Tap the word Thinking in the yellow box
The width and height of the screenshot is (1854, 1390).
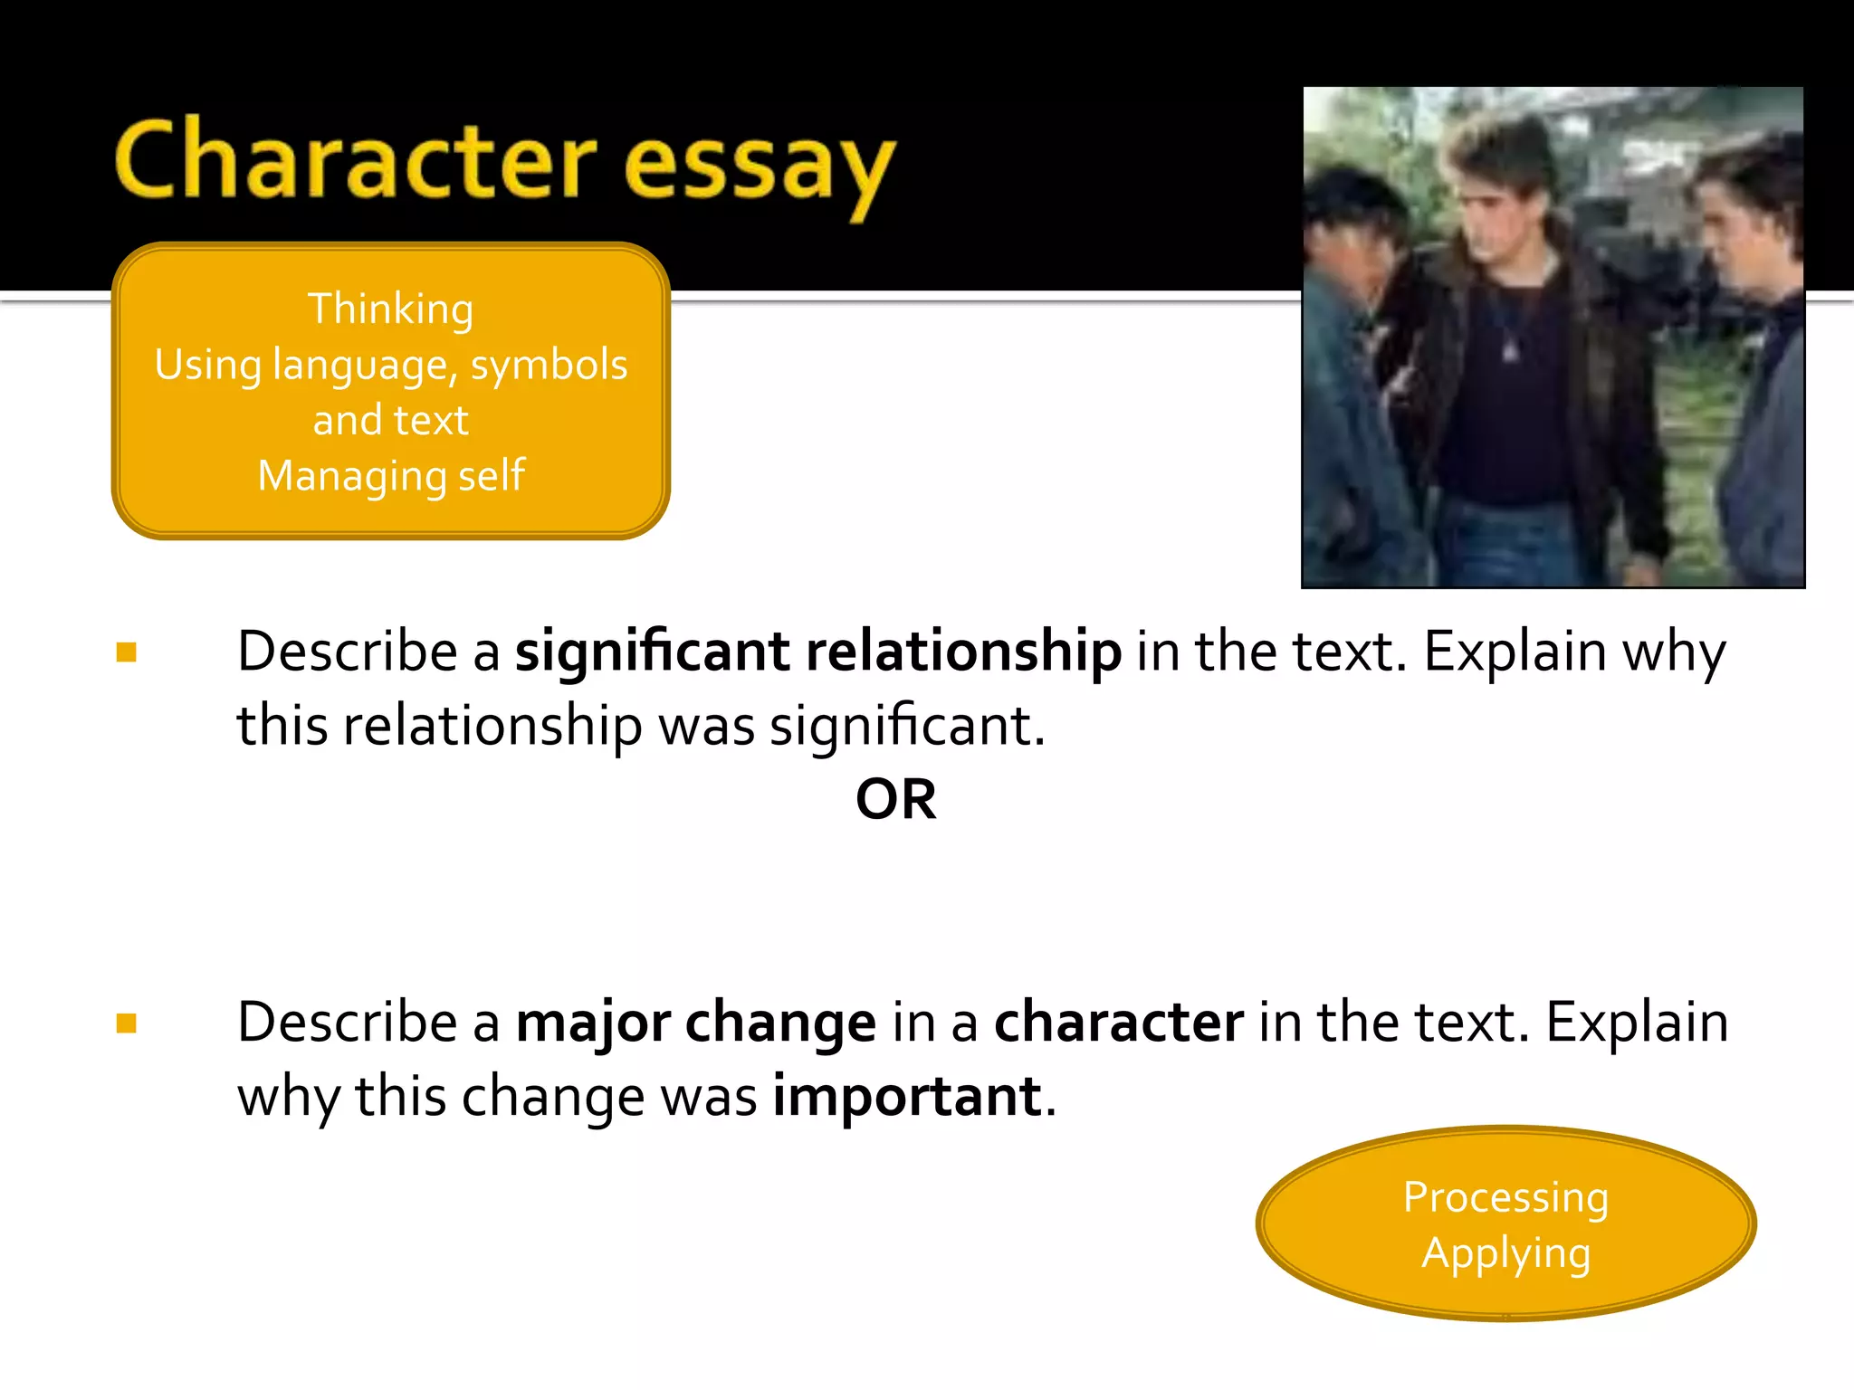[390, 309]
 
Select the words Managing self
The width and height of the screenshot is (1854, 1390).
[391, 476]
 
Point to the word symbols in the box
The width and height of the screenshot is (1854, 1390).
[549, 366]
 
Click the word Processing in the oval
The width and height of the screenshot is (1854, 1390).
[1505, 1198]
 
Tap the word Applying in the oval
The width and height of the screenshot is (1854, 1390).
[1505, 1254]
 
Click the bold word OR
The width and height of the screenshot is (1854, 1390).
[895, 800]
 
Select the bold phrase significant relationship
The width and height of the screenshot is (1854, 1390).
[818, 652]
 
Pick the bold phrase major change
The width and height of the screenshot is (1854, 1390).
[695, 1023]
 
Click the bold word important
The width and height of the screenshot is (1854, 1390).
[907, 1097]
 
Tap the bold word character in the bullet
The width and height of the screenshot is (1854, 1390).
[1119, 1023]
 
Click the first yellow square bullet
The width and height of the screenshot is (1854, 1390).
[127, 652]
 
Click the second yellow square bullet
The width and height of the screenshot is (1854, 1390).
[127, 1023]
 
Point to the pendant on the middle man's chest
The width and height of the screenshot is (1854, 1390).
[1510, 349]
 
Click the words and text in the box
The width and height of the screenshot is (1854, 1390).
[390, 421]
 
